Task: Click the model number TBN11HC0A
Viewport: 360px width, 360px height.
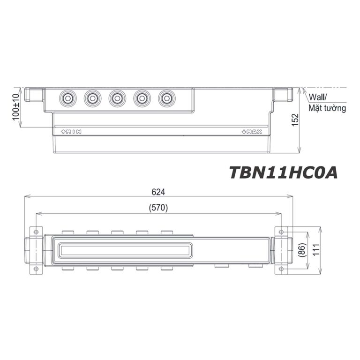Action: pos(283,172)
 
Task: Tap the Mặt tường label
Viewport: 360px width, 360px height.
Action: pos(327,108)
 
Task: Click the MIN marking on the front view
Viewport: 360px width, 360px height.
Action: pos(69,132)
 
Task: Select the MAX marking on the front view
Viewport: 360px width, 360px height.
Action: pos(252,132)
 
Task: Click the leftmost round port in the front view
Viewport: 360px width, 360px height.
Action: pos(67,98)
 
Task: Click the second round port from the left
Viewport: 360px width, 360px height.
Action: pos(92,98)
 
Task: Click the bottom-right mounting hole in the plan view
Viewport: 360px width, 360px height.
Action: pos(281,269)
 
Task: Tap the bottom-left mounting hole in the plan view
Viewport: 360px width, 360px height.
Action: pos(35,269)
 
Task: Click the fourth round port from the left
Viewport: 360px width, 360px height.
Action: pos(141,98)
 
